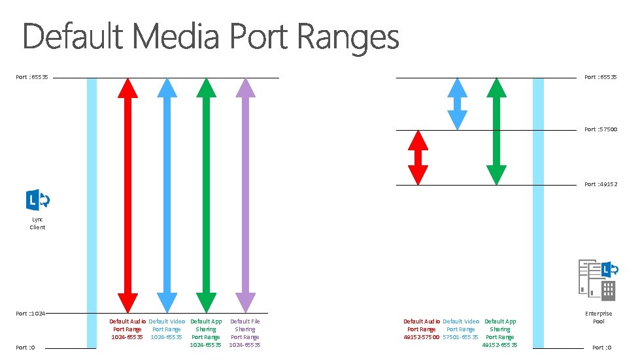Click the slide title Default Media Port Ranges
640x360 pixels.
pos(211,37)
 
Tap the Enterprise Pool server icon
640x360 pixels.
pos(597,280)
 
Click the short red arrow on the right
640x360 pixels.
pos(418,157)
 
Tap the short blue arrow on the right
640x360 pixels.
pos(457,104)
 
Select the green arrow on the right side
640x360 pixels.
pos(497,131)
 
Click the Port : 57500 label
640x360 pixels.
pos(600,129)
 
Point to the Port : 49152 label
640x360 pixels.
pos(600,184)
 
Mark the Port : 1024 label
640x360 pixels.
pos(31,314)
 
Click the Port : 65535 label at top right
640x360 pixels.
pos(600,77)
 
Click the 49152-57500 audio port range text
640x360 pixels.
pos(422,337)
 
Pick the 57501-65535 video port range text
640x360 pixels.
pos(460,337)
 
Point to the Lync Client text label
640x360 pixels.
pos(38,223)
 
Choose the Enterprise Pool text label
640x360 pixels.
pos(598,318)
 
